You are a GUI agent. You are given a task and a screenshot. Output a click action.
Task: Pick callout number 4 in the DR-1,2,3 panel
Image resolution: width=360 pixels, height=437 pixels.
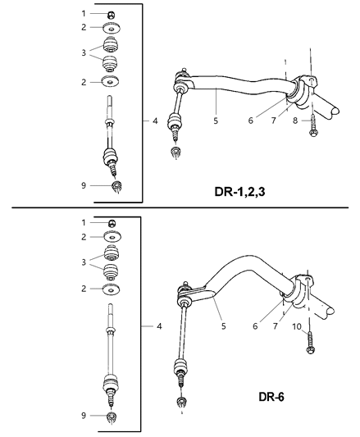(154, 121)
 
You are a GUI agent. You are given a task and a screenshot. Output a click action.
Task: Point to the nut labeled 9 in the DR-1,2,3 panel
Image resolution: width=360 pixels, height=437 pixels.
(116, 187)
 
